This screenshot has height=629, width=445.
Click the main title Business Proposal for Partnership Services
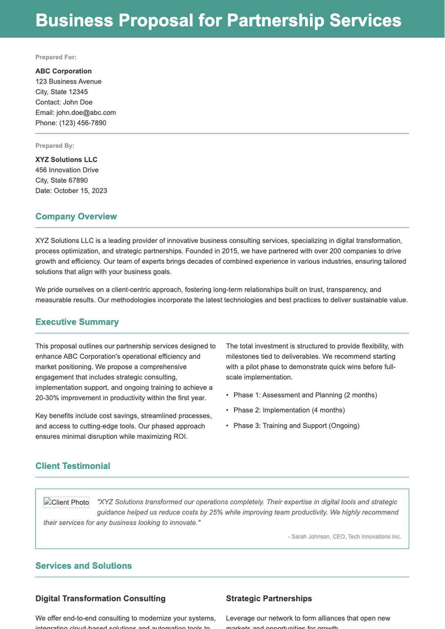(218, 20)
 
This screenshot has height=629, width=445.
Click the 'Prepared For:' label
(56, 57)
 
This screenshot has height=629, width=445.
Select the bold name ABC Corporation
(63, 71)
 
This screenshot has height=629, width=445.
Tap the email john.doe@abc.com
(86, 112)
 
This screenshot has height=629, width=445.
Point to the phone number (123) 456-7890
(83, 123)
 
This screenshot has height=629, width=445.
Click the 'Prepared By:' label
(55, 146)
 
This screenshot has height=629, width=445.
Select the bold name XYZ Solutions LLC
(66, 160)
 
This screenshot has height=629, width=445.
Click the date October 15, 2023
(80, 191)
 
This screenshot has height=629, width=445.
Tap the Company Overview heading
(76, 216)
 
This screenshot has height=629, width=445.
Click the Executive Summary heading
(77, 322)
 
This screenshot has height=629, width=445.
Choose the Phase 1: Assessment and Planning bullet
(305, 395)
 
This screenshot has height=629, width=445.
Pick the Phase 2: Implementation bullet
(289, 410)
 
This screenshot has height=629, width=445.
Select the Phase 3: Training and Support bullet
(296, 426)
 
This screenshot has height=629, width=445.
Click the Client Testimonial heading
(73, 466)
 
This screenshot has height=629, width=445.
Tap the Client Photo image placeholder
(66, 502)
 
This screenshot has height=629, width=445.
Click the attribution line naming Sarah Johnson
(344, 537)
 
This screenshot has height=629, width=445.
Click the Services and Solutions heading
(83, 566)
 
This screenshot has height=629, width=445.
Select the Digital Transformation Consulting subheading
(100, 599)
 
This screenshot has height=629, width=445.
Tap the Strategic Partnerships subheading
(269, 599)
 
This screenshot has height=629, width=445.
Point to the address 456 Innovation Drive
(67, 170)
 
